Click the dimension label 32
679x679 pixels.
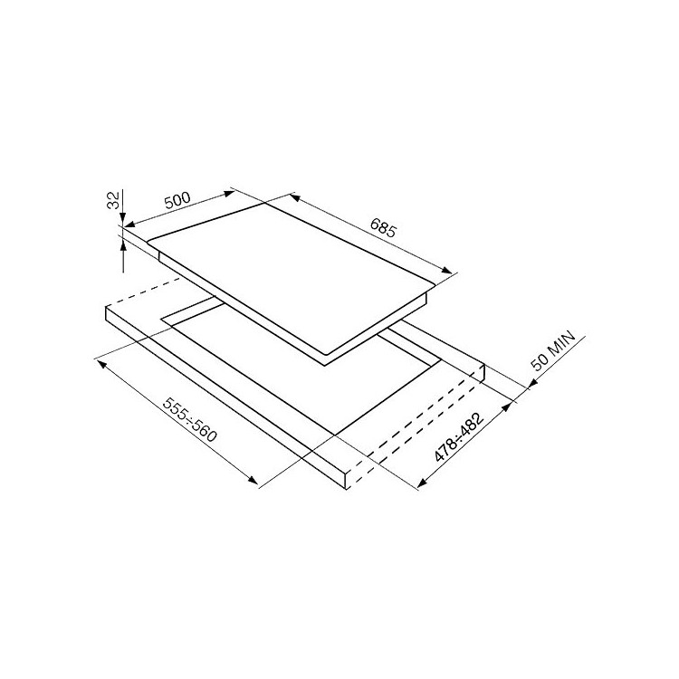pos(113,200)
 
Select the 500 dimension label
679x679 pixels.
pos(177,200)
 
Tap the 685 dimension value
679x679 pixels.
pos(383,228)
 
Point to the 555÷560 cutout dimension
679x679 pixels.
pos(189,420)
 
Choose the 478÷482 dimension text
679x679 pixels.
pos(459,437)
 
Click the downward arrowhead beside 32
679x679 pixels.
pos(123,219)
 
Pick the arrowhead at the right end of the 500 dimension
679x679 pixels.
pos(228,194)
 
